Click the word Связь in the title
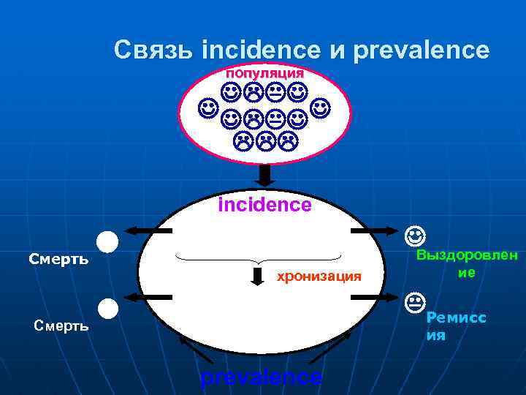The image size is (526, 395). [x=154, y=50]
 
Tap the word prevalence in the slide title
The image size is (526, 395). [x=421, y=50]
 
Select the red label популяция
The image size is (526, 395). [x=264, y=73]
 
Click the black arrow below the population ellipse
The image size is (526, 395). [x=265, y=174]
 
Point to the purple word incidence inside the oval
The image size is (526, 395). [x=264, y=205]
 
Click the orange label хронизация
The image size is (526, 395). [x=318, y=276]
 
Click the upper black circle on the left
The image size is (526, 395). [x=107, y=241]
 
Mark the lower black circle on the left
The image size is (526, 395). [x=107, y=309]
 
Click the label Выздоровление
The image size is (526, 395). [x=467, y=263]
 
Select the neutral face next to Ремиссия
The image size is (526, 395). [x=414, y=301]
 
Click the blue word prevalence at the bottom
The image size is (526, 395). [x=260, y=377]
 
